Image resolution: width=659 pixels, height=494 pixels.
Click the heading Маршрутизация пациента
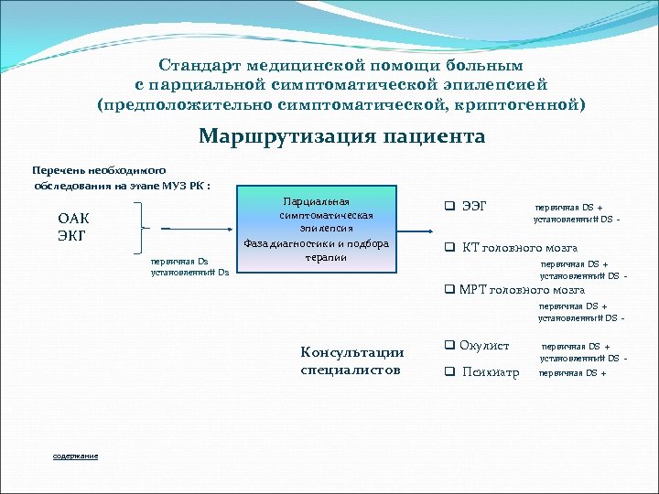[341, 137]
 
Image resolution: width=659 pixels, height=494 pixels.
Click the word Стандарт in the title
[197, 66]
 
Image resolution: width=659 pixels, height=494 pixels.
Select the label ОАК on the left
[74, 219]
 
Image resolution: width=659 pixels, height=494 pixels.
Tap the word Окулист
[484, 346]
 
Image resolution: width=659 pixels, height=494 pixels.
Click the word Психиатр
[491, 372]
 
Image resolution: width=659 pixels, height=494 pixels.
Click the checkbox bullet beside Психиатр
[449, 371]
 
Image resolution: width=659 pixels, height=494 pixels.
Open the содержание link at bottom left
[76, 456]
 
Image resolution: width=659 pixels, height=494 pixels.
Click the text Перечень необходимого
[98, 170]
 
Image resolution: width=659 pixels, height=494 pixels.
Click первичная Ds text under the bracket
[179, 261]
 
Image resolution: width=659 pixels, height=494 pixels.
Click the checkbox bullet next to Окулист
[449, 346]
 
